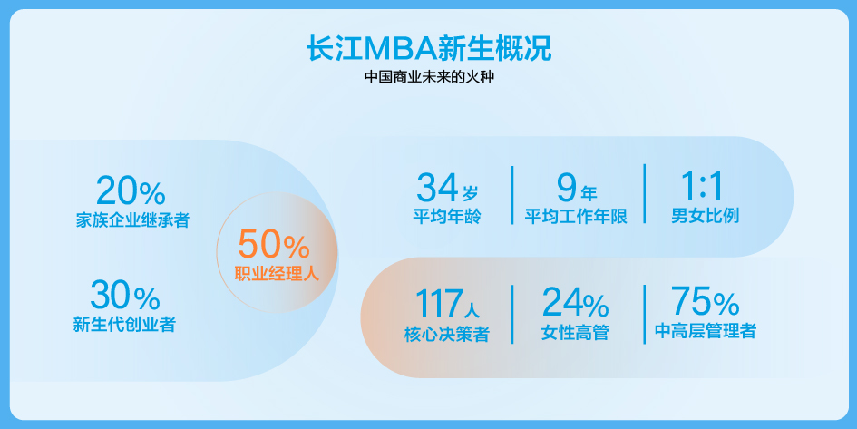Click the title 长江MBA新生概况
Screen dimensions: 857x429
(429, 49)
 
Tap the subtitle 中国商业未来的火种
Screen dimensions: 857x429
(429, 76)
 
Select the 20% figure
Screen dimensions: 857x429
(131, 190)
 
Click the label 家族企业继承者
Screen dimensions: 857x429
(132, 219)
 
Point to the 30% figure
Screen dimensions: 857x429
(125, 295)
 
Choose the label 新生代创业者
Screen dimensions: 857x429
(124, 324)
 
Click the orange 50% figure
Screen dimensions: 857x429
(275, 244)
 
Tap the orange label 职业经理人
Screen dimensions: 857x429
(277, 273)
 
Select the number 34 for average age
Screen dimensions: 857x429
(437, 187)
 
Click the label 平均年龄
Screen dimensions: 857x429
(447, 216)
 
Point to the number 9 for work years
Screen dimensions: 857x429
(567, 187)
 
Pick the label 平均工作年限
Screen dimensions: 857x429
(576, 216)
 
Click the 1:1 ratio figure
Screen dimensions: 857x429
(702, 186)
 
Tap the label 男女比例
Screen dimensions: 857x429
(705, 215)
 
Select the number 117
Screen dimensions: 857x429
(438, 304)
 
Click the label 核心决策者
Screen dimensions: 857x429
(446, 334)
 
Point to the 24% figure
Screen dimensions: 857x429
(576, 303)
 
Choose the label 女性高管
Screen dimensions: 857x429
(575, 332)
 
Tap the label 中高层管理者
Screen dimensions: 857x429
(706, 331)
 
